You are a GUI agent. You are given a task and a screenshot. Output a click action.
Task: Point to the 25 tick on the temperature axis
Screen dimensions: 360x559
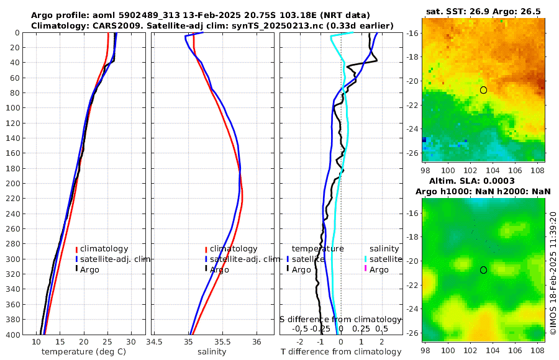pos(107,342)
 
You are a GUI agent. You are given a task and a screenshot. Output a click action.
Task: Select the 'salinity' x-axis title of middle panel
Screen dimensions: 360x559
pos(212,352)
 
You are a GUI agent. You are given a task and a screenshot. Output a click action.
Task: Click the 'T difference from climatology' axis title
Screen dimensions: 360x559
pos(342,352)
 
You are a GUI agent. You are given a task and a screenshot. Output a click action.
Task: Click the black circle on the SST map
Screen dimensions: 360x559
pos(484,90)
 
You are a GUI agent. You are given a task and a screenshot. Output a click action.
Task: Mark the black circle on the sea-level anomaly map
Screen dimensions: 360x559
pos(484,270)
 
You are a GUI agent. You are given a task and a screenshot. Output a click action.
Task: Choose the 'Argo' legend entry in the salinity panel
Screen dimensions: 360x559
pos(219,269)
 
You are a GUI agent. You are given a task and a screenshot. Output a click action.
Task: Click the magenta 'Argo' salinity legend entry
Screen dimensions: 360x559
pos(378,269)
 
